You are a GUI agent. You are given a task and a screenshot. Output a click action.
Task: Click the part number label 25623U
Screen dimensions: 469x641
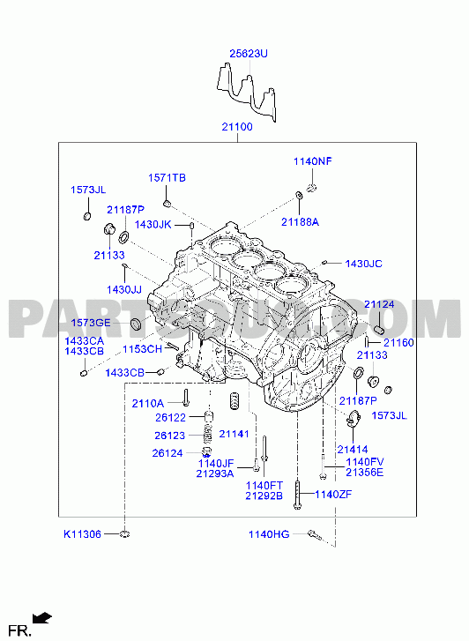click(x=249, y=54)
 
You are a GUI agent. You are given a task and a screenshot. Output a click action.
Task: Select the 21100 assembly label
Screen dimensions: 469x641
click(x=237, y=127)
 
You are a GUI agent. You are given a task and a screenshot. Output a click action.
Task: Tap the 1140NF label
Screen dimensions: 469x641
click(x=313, y=161)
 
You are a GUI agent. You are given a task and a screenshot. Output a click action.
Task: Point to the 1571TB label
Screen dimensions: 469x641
click(x=167, y=178)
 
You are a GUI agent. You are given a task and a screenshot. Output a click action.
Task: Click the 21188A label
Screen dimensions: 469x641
click(x=300, y=222)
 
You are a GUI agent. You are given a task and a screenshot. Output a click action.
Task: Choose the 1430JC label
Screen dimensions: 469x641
click(x=363, y=264)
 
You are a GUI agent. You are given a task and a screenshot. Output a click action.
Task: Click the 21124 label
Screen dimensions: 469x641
click(x=379, y=304)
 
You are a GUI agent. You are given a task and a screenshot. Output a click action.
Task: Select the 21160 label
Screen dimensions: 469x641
click(x=398, y=343)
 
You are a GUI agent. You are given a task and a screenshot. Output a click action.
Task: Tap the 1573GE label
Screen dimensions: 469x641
click(x=91, y=323)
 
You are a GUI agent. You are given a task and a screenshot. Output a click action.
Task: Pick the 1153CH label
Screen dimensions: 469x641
click(x=142, y=349)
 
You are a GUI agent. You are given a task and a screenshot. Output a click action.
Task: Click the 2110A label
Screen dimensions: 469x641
click(x=147, y=404)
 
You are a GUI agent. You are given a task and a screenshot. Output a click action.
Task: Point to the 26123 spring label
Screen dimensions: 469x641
click(x=169, y=436)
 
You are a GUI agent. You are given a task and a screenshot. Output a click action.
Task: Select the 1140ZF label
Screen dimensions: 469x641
click(x=333, y=495)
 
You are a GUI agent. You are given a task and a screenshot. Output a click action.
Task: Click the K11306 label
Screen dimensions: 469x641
click(x=82, y=534)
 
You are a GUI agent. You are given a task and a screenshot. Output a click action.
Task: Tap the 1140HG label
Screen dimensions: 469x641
click(x=269, y=534)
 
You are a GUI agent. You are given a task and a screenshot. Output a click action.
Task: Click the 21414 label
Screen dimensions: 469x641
click(x=353, y=450)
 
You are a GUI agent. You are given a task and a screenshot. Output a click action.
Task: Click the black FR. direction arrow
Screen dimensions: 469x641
click(x=42, y=618)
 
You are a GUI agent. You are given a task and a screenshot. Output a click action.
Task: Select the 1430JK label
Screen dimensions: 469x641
click(x=153, y=225)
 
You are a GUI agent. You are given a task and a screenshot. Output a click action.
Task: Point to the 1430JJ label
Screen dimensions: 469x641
click(x=124, y=290)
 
